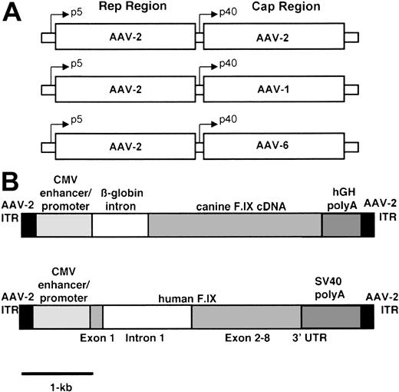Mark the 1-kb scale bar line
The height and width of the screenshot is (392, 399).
(58, 374)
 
